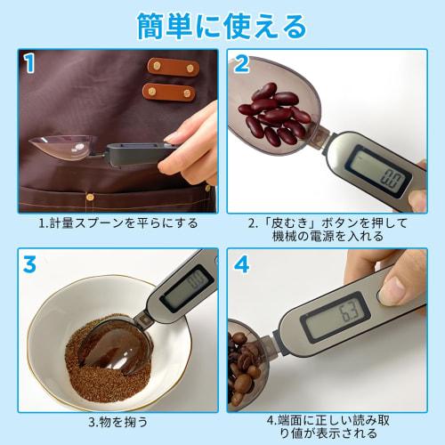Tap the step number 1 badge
pyautogui.click(x=29, y=63)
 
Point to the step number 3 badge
pyautogui.click(x=29, y=264)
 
